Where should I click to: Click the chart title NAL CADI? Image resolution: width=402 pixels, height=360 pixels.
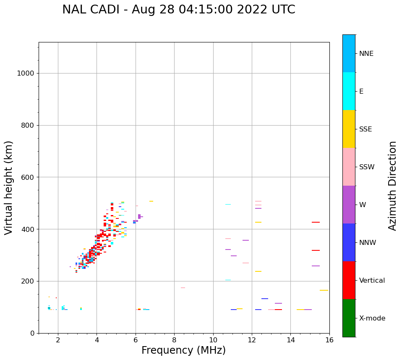click(x=178, y=10)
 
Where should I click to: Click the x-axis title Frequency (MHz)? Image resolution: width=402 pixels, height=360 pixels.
click(x=183, y=350)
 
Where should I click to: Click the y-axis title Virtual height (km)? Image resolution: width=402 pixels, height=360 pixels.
click(x=9, y=188)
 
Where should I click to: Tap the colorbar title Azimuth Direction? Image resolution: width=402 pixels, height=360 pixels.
click(x=392, y=186)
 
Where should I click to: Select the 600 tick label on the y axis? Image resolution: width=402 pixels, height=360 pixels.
click(x=28, y=177)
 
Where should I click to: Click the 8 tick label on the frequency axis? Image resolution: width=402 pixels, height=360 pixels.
click(x=174, y=340)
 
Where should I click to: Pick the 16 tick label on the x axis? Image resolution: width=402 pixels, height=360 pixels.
click(x=329, y=340)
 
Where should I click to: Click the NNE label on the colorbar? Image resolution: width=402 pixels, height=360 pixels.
click(x=366, y=54)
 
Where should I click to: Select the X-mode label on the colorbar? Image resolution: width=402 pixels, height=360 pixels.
click(x=372, y=318)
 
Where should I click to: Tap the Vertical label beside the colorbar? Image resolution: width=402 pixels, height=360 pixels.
click(x=372, y=281)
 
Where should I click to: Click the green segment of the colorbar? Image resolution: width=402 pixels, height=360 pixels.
click(x=349, y=318)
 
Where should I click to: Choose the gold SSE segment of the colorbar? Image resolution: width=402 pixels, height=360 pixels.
click(x=349, y=129)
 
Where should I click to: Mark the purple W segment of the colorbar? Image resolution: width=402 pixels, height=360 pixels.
click(x=349, y=205)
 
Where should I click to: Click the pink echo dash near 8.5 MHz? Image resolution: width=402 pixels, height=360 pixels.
click(x=183, y=288)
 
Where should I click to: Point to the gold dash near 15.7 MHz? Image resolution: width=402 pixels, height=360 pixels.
click(x=324, y=290)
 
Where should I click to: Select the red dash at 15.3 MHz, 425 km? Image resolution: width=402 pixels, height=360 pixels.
click(x=316, y=222)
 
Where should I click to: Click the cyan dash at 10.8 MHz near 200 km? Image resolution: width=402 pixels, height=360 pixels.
click(x=228, y=280)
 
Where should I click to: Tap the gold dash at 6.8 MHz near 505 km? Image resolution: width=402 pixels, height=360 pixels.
click(x=151, y=201)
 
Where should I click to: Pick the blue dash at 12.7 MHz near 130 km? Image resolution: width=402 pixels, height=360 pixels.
click(x=265, y=299)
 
